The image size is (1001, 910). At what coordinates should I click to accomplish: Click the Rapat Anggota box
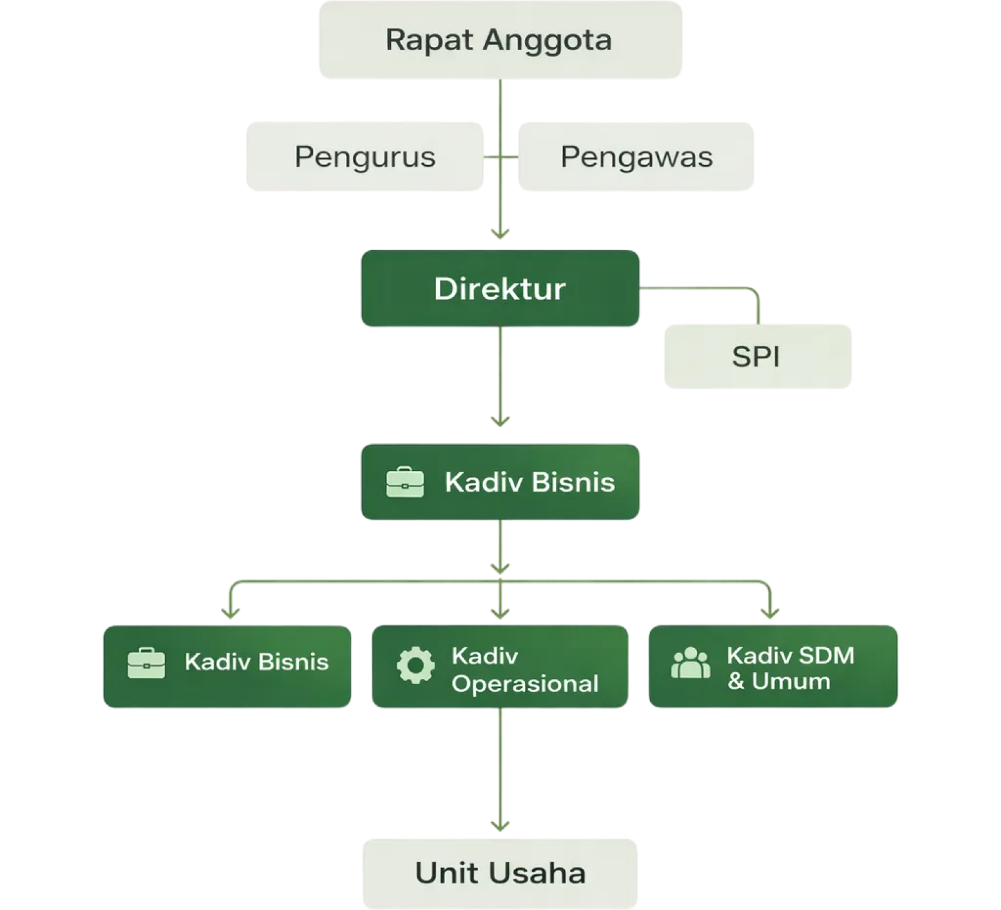pos(500,40)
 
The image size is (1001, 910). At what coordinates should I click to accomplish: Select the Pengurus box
pos(365,156)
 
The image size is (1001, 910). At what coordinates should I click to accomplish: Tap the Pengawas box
pos(636,156)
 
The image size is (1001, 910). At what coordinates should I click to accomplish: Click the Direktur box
pos(500,288)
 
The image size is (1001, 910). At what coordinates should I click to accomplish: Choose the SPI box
pos(757,356)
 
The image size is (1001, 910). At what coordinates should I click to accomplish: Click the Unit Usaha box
pos(500,872)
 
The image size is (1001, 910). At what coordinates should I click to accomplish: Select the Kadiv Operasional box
pos(500,667)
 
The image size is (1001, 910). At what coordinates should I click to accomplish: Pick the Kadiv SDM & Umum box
pos(773,667)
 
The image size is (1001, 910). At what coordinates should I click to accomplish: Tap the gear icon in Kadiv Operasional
pos(415,665)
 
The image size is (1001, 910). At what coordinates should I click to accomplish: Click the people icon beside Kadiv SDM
pos(690,663)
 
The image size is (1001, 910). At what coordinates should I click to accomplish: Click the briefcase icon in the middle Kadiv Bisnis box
pos(405,482)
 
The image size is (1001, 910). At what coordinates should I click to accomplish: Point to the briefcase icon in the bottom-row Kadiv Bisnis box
pos(146,663)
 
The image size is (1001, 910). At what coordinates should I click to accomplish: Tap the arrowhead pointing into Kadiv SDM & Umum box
pos(770,613)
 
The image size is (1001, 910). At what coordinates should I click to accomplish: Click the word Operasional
pos(525,684)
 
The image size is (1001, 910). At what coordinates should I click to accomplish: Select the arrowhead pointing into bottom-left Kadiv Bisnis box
pos(231,613)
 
